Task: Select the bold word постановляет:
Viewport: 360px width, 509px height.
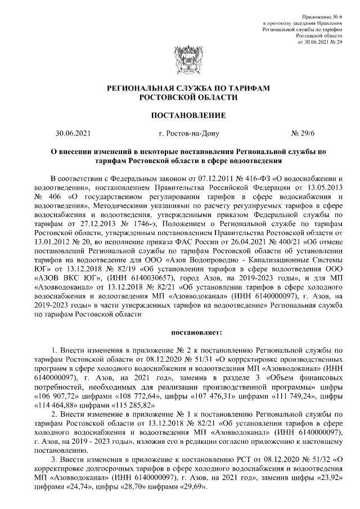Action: point(182,332)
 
